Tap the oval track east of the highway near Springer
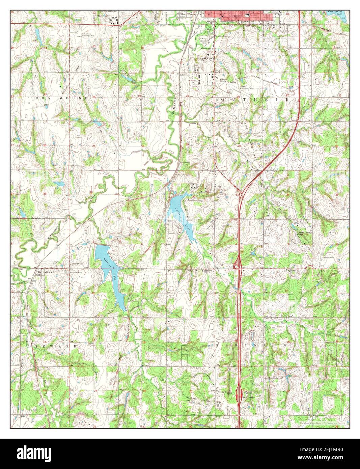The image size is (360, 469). (252, 336)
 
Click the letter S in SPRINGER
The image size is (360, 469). (218, 345)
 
